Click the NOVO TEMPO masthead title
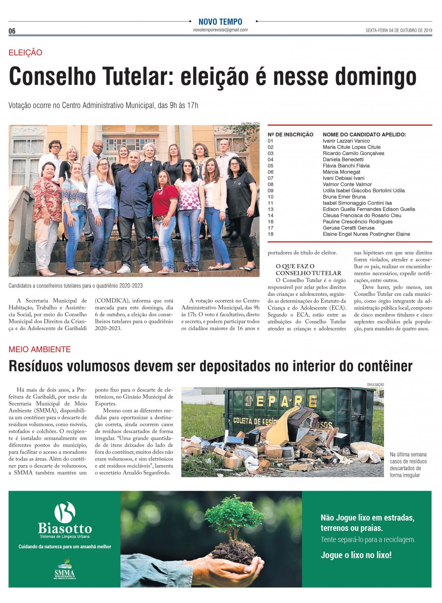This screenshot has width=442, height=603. click(x=220, y=22)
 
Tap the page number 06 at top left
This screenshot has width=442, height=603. click(x=12, y=31)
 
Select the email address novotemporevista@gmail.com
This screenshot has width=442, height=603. click(x=220, y=30)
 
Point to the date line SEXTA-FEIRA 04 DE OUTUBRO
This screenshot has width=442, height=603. click(x=399, y=31)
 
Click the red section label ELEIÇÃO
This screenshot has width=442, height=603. click(x=25, y=53)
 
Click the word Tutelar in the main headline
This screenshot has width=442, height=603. click(x=137, y=76)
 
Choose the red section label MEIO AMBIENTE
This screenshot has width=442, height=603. click(x=40, y=349)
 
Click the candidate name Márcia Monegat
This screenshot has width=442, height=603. click(x=341, y=172)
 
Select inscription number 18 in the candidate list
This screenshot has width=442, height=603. click(x=271, y=234)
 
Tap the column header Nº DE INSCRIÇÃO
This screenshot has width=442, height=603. click(x=290, y=135)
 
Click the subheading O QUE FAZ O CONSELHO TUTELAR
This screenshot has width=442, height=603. click(x=308, y=270)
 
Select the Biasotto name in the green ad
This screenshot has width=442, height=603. click(x=65, y=528)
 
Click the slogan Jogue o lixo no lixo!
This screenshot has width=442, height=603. click(x=356, y=555)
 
